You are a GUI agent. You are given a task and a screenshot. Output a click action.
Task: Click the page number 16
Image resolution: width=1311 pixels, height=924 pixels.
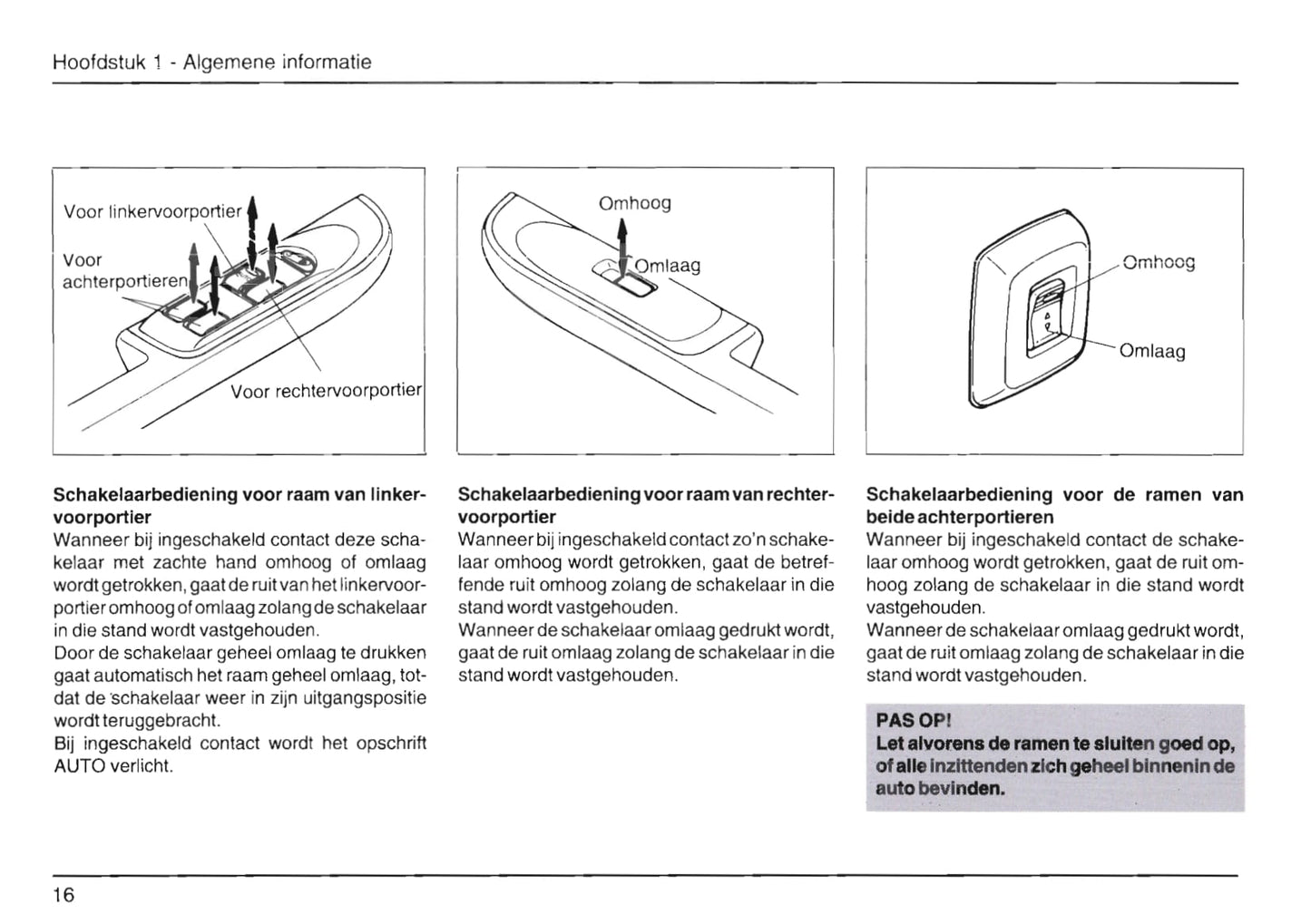(64, 895)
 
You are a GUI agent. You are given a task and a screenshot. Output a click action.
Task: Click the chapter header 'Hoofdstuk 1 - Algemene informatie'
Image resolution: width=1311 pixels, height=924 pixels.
(211, 62)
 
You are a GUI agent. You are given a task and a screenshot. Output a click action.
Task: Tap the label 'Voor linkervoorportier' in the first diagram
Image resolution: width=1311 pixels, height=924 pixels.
(152, 211)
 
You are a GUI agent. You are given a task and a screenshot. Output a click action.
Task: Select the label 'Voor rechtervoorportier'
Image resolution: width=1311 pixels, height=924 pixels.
(326, 391)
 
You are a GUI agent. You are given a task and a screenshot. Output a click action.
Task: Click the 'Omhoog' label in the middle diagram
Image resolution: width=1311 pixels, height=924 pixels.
(634, 203)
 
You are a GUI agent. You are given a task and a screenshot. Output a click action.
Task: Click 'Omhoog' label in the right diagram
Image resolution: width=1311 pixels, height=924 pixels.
(1159, 262)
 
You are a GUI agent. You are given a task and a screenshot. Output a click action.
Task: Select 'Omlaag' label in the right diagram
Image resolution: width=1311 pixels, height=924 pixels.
(1152, 351)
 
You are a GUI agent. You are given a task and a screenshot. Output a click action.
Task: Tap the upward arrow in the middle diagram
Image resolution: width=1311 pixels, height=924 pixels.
(622, 241)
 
